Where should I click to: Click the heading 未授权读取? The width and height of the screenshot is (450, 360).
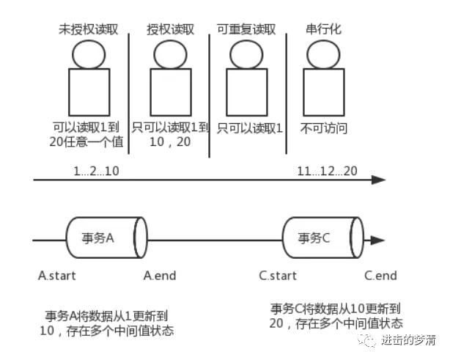tap(89, 30)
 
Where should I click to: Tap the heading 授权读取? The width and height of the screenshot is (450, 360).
tap(169, 30)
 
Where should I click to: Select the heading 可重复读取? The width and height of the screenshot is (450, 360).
tap(246, 30)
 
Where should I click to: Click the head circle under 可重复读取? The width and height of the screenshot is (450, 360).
tap(246, 54)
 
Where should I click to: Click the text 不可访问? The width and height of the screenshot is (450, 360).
tap(323, 128)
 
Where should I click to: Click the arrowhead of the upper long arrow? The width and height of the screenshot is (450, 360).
tap(380, 180)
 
